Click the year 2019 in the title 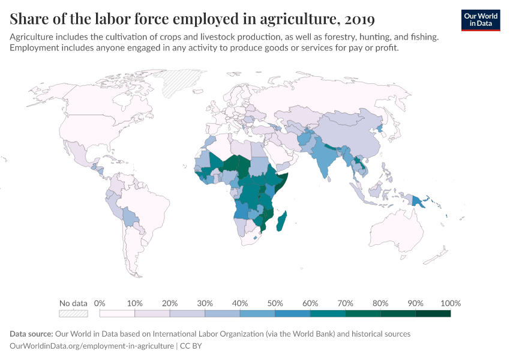pyautogui.click(x=358, y=19)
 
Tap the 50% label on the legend pyautogui.click(x=275, y=303)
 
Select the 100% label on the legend pyautogui.click(x=450, y=303)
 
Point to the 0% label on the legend pyautogui.click(x=100, y=303)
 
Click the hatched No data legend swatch pyautogui.click(x=73, y=313)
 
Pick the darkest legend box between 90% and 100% pyautogui.click(x=433, y=313)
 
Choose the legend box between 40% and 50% pyautogui.click(x=257, y=313)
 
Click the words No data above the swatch pyautogui.click(x=73, y=303)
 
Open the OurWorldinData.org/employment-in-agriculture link pyautogui.click(x=92, y=346)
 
